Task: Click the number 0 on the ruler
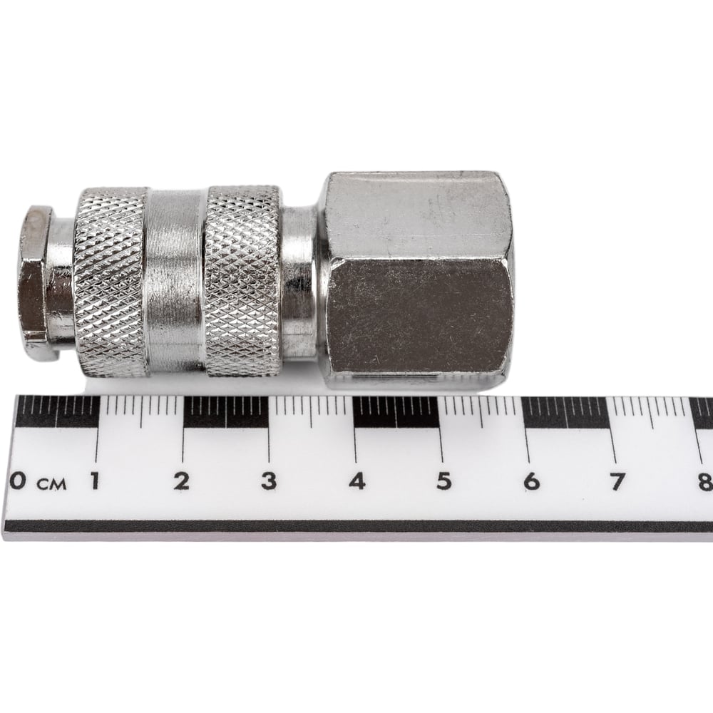tap(17, 480)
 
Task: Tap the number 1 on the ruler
tap(95, 481)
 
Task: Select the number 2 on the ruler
tap(181, 481)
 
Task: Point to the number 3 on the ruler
tap(269, 481)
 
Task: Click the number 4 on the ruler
tap(357, 481)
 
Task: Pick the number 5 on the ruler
tap(444, 481)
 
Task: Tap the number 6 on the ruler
tap(531, 481)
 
